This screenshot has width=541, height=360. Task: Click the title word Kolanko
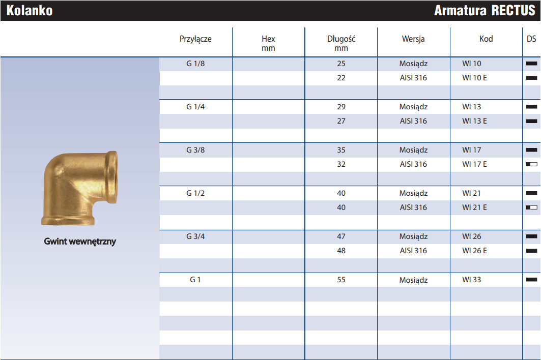(x=30, y=11)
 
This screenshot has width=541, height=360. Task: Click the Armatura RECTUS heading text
(x=485, y=11)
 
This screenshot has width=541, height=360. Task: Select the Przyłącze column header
(x=195, y=39)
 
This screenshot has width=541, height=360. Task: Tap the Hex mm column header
(x=268, y=43)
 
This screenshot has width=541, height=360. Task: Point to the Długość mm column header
(x=341, y=43)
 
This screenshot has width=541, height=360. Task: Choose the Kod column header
(x=486, y=39)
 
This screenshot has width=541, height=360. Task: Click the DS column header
(x=531, y=39)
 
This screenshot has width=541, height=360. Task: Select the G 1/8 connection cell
(x=195, y=64)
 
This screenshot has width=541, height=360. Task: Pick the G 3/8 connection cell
(x=195, y=150)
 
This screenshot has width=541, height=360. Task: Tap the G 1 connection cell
(x=195, y=280)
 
